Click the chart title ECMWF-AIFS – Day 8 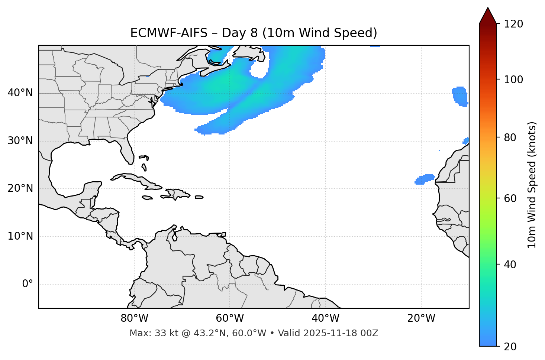tap(254, 33)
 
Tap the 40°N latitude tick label tap(20, 93)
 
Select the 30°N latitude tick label tap(20, 141)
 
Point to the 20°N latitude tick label tap(20, 188)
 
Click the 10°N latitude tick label tap(20, 236)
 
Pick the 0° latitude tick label tap(27, 284)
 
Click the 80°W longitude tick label tap(134, 318)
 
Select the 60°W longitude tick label tap(229, 318)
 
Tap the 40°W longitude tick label tap(325, 318)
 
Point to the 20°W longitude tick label tap(421, 318)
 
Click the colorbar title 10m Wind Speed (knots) tap(532, 185)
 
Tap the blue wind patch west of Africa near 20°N tap(424, 179)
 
